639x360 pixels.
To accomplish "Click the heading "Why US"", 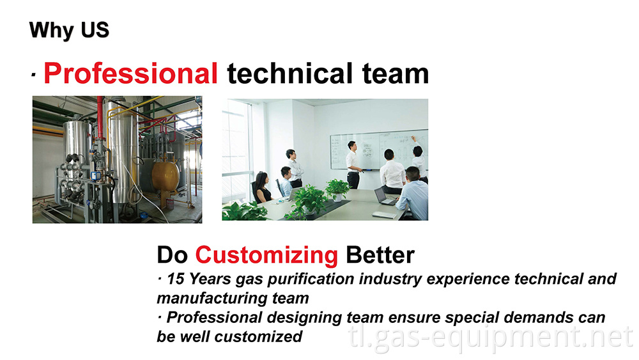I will tap(69, 30).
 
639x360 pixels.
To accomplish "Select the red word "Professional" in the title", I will tap(131, 74).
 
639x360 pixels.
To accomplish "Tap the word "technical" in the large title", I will tap(296, 74).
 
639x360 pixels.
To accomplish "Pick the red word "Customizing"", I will tap(266, 255).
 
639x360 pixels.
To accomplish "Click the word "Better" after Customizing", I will tap(380, 255).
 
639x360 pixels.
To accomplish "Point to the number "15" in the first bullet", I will tap(176, 279).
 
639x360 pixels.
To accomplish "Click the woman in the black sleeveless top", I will tap(261, 189).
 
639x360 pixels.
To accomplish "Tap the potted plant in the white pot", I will tap(337, 190).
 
